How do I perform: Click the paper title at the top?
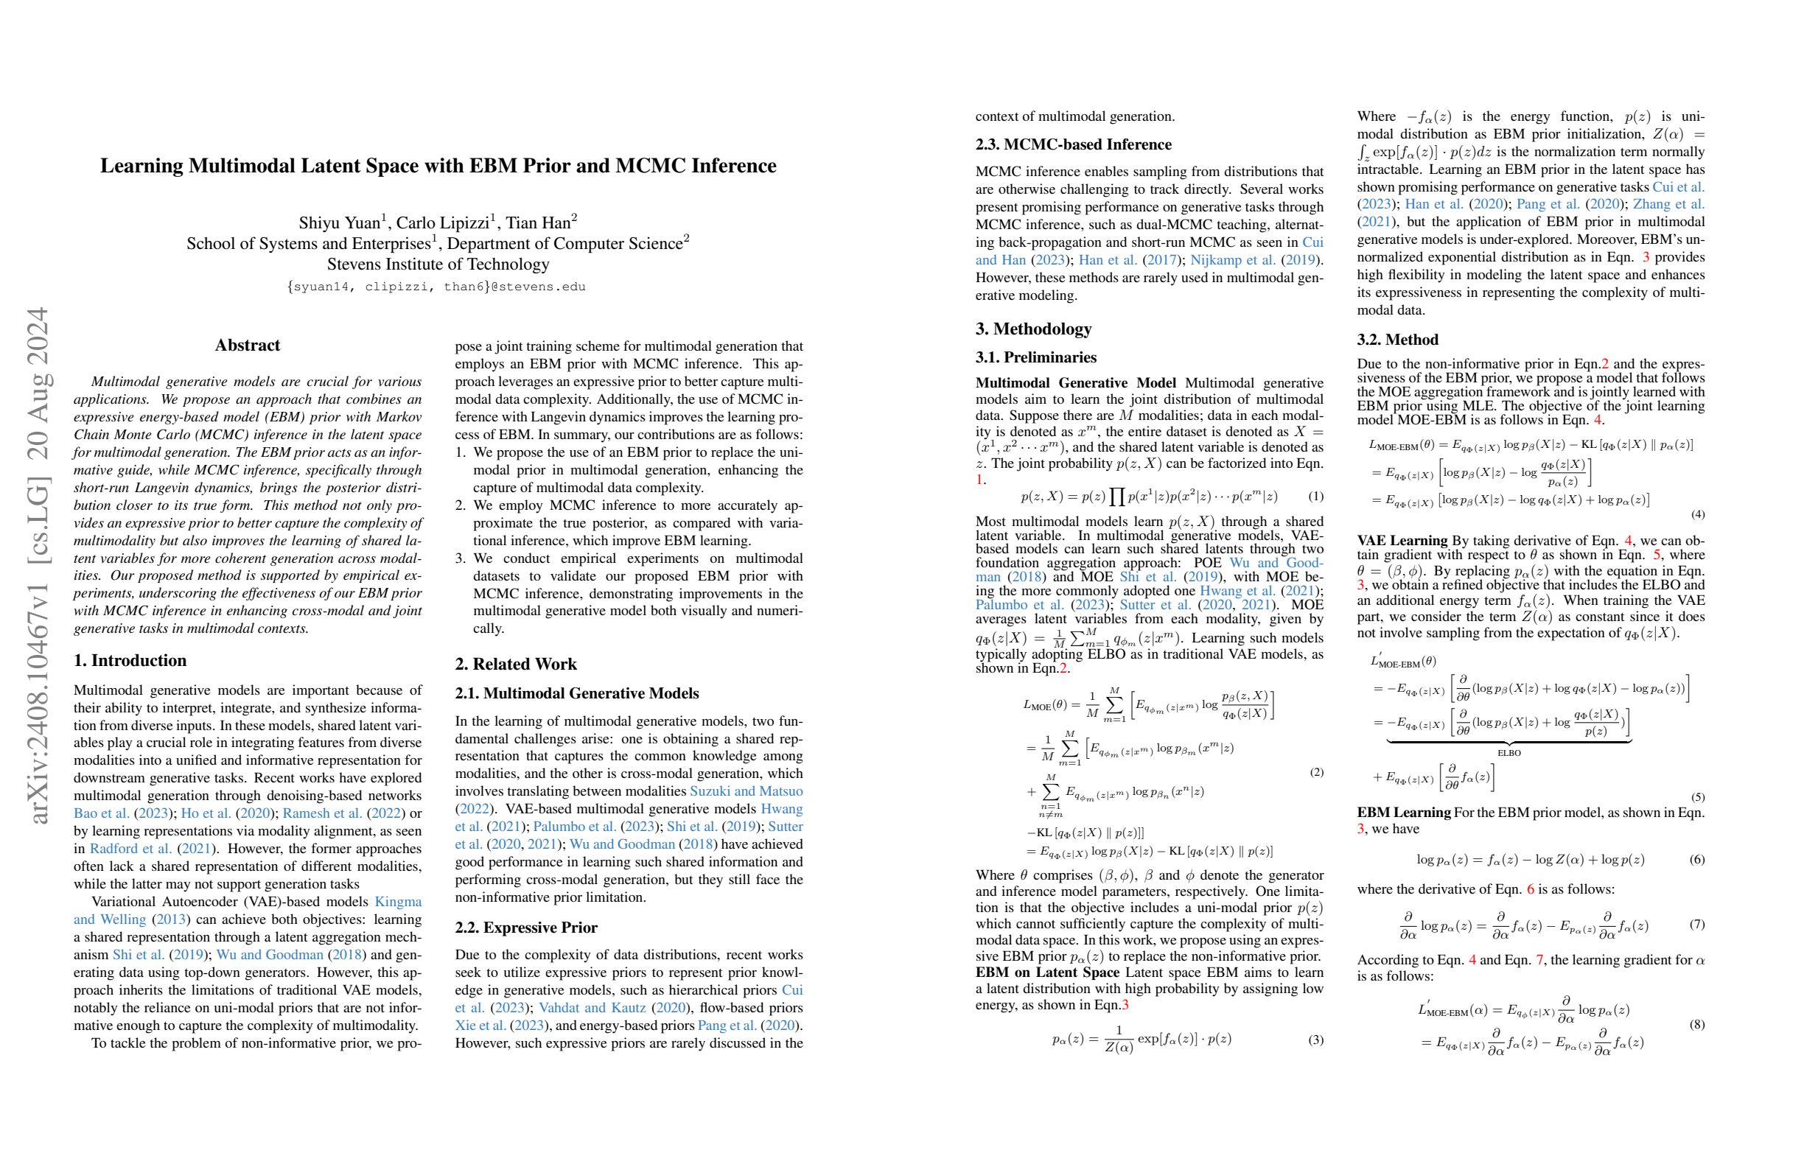(x=438, y=166)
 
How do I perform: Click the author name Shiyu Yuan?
(x=339, y=222)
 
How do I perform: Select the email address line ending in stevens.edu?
(x=436, y=287)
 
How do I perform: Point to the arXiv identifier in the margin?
(x=38, y=564)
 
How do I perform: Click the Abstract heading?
(x=247, y=346)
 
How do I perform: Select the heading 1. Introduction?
(x=130, y=661)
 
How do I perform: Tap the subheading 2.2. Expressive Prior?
(x=526, y=928)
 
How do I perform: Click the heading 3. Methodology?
(x=1033, y=329)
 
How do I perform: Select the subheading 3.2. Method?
(x=1397, y=340)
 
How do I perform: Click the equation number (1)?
(x=1316, y=497)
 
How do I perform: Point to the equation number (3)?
(x=1316, y=1040)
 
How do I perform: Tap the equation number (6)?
(x=1697, y=859)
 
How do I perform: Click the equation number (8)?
(x=1697, y=1025)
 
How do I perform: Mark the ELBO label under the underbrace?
(x=1508, y=753)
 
